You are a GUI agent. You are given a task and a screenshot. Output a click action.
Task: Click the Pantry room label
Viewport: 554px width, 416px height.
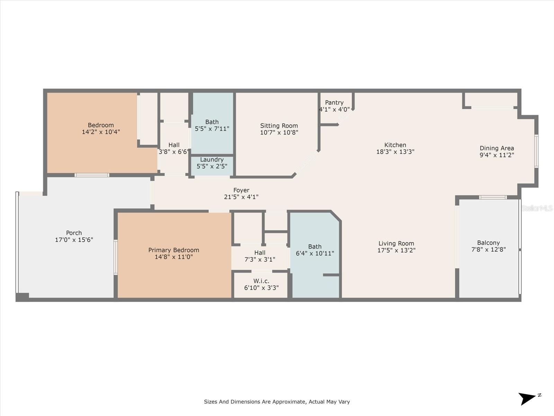pyautogui.click(x=334, y=103)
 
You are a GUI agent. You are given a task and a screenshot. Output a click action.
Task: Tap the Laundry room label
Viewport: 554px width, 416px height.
pyautogui.click(x=212, y=159)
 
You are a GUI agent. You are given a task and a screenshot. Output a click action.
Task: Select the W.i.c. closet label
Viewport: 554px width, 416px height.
pyautogui.click(x=261, y=281)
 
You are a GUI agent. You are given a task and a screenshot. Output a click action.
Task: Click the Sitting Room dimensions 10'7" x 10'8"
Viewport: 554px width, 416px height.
pyautogui.click(x=279, y=132)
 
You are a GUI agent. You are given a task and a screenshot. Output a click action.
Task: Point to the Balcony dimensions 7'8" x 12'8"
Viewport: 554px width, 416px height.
pyautogui.click(x=488, y=249)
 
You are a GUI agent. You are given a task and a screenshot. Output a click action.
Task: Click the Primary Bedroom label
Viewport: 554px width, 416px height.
pyautogui.click(x=173, y=250)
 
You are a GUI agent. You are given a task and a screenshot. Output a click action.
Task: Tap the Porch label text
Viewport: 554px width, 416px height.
pyautogui.click(x=74, y=233)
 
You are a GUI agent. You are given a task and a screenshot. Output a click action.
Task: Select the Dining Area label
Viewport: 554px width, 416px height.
pyautogui.click(x=497, y=148)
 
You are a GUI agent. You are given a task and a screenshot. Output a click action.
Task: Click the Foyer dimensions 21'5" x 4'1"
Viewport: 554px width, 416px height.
pyautogui.click(x=241, y=197)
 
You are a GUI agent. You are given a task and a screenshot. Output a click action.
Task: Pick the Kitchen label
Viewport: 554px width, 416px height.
pyautogui.click(x=395, y=145)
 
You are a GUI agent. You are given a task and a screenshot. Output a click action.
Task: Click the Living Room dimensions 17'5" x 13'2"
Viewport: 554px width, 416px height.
pyautogui.click(x=396, y=250)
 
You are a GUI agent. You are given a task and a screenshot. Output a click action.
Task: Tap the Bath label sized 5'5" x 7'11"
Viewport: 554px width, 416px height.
pyautogui.click(x=212, y=122)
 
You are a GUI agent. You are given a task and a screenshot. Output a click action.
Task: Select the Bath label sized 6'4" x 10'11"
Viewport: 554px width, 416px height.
pyautogui.click(x=314, y=246)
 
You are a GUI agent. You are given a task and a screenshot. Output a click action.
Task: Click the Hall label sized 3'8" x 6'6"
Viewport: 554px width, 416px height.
pyautogui.click(x=174, y=145)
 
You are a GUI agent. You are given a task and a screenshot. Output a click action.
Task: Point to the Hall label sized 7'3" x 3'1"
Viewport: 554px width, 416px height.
pyautogui.click(x=260, y=253)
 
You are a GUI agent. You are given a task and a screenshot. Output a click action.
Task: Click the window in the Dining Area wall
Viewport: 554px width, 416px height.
pyautogui.click(x=536, y=151)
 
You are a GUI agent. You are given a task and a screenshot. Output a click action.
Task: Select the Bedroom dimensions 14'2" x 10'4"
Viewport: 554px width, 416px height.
pyautogui.click(x=101, y=132)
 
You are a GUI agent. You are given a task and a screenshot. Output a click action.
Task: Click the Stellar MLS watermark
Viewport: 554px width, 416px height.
pyautogui.click(x=537, y=208)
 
